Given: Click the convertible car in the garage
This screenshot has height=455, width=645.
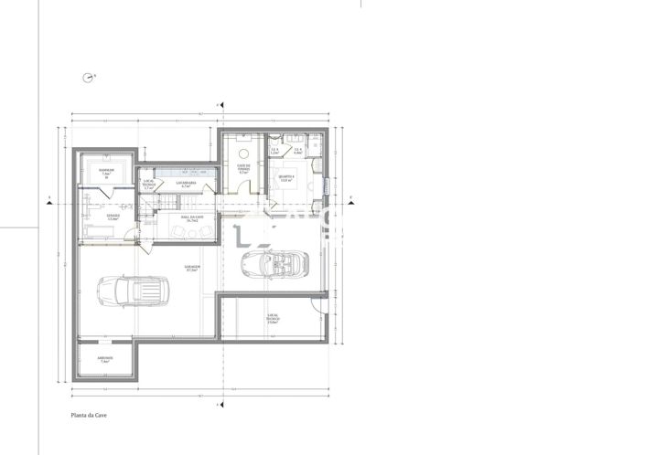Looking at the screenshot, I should click(274, 263).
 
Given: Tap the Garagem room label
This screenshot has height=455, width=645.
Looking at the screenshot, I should click(193, 270).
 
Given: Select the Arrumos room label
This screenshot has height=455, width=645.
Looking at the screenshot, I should click(104, 360).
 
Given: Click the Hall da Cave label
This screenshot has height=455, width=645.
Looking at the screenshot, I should click(193, 219).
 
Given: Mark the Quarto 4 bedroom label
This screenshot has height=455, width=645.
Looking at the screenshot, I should click(286, 179).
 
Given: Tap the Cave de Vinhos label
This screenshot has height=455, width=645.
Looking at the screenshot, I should click(243, 168).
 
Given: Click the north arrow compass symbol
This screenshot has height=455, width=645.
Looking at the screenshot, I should click(89, 78).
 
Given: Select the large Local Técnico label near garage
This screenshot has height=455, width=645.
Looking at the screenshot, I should click(272, 320).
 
